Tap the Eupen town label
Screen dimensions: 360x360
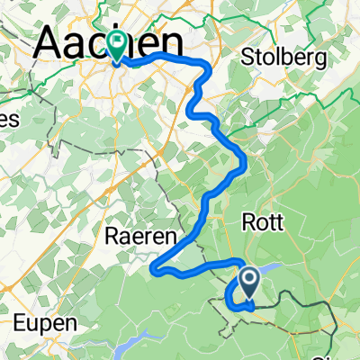click(42, 319)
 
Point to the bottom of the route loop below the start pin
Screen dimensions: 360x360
click(239, 307)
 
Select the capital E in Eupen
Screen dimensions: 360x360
click(20, 319)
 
